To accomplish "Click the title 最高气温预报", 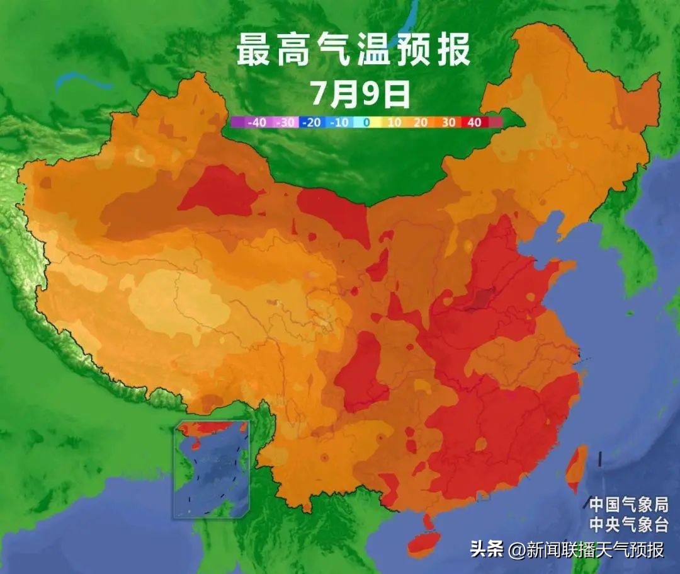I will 353,50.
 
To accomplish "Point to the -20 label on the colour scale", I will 312,123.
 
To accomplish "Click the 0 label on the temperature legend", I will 366,123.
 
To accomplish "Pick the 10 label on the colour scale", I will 394,123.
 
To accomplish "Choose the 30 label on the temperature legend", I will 448,123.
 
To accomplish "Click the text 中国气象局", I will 627,504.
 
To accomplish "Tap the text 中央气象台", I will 627,524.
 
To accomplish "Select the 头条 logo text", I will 486,549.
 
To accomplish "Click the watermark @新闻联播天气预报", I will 586,549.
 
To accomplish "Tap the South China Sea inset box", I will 212,469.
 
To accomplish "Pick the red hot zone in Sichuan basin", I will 361,372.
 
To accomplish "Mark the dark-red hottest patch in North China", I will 482,297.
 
